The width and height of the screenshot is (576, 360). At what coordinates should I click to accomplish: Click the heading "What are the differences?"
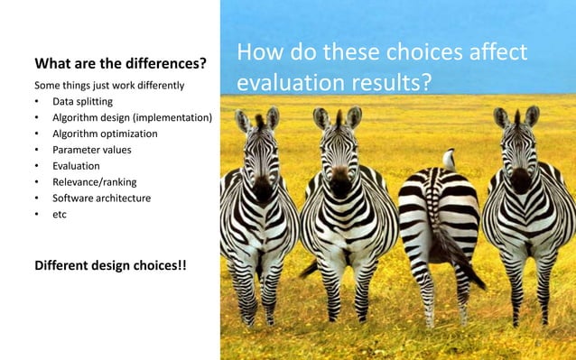pos(120,65)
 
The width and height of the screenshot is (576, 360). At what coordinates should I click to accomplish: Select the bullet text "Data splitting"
pos(82,101)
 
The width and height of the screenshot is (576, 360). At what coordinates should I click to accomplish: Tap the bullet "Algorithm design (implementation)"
pos(132,117)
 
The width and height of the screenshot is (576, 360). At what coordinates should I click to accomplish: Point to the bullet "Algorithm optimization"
pos(105,134)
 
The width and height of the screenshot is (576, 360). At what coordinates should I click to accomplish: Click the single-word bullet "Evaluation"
pos(76,166)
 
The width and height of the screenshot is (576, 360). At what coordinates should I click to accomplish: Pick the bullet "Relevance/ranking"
pos(95,182)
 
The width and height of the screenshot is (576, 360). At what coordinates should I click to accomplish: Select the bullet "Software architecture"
pos(101,198)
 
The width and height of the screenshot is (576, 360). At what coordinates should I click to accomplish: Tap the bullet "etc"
pos(60,214)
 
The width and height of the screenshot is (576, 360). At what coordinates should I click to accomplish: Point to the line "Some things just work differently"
pos(109,85)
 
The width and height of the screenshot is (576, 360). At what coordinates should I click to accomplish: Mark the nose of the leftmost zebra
pos(263,192)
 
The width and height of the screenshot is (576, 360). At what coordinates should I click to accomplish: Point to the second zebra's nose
pos(339,185)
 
